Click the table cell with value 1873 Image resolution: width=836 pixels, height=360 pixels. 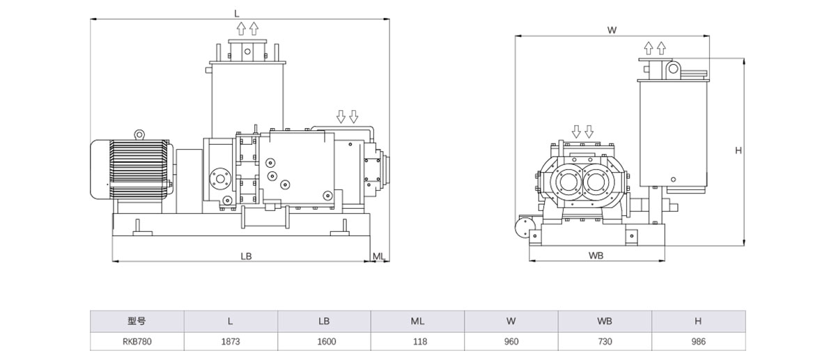pyautogui.click(x=231, y=341)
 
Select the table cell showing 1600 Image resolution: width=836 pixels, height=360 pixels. pyautogui.click(x=325, y=341)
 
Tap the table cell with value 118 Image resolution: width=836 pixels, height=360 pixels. pyautogui.click(x=418, y=341)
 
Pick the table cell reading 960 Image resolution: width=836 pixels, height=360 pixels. pyautogui.click(x=511, y=341)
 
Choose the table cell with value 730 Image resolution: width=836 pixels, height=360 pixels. pyautogui.click(x=604, y=341)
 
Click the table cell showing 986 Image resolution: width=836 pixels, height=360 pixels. pyautogui.click(x=698, y=341)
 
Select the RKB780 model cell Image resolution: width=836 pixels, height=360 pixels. pyautogui.click(x=137, y=341)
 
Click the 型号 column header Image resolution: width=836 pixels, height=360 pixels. pyautogui.click(x=137, y=321)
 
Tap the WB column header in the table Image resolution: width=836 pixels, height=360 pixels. pyautogui.click(x=604, y=321)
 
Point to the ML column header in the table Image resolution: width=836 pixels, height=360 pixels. pyautogui.click(x=418, y=321)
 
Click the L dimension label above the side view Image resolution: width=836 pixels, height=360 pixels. pyautogui.click(x=237, y=13)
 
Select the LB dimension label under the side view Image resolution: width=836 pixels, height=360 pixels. pyautogui.click(x=246, y=256)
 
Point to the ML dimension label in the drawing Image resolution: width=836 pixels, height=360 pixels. pyautogui.click(x=378, y=256)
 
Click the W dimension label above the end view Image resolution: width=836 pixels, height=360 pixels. pyautogui.click(x=612, y=30)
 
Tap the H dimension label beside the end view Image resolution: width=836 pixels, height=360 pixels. pyautogui.click(x=738, y=150)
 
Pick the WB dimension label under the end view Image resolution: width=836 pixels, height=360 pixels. pyautogui.click(x=595, y=255)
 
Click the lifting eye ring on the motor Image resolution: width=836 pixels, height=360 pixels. pyautogui.click(x=139, y=134)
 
